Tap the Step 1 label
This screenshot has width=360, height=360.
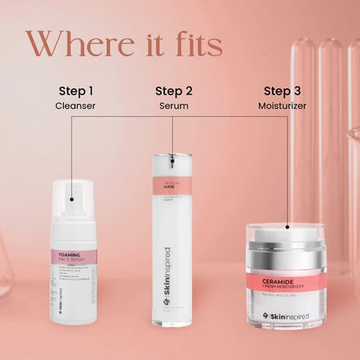[x=76, y=90]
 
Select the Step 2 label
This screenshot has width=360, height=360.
[x=173, y=90]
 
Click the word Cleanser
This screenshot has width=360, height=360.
[x=76, y=106]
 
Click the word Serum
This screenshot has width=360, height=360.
[x=173, y=106]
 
